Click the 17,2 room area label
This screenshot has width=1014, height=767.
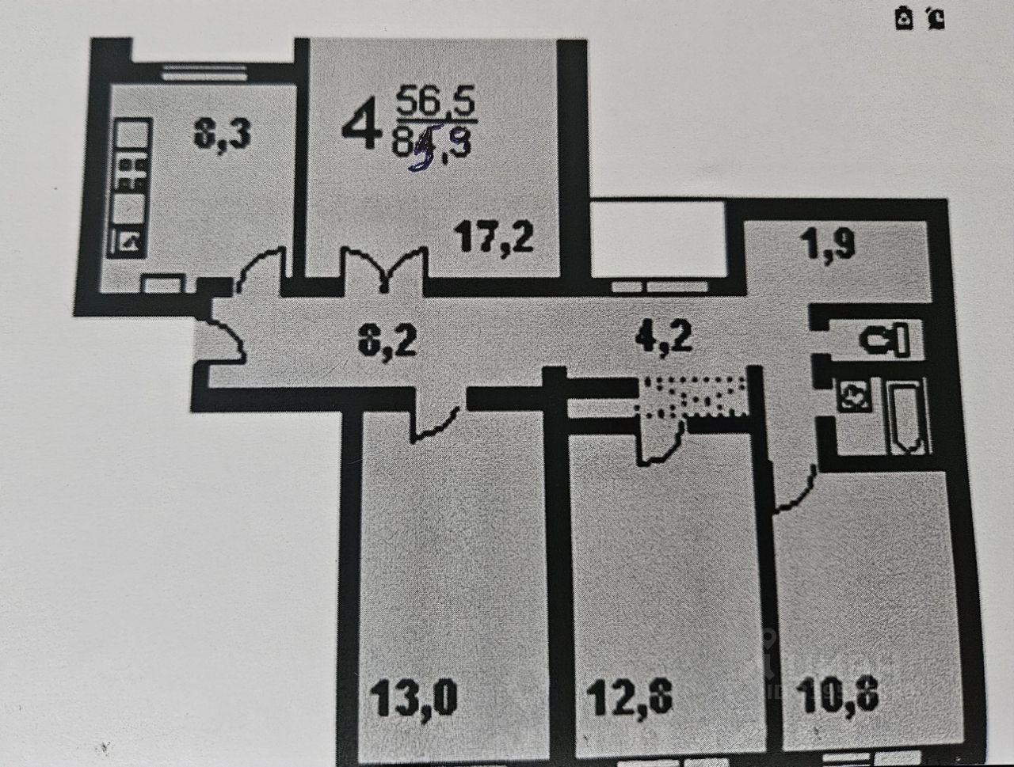(x=495, y=236)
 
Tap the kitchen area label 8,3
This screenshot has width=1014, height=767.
(x=223, y=135)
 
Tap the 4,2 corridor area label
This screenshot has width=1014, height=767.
(x=664, y=337)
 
